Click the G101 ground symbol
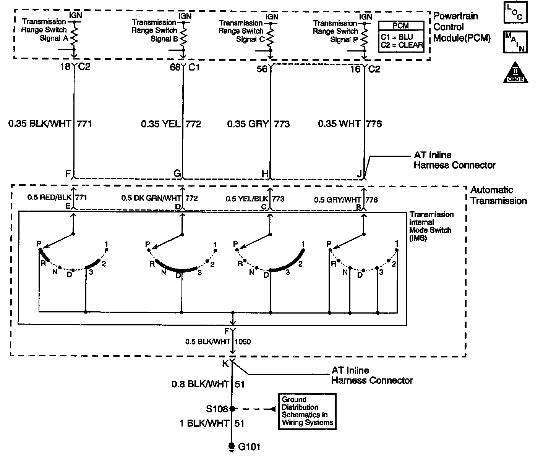tap(231, 446)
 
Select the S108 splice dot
tap(232, 409)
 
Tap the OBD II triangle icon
tap(515, 72)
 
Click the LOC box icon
tap(515, 13)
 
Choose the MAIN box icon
tap(515, 42)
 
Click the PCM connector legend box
tap(401, 36)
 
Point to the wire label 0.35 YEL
tap(160, 124)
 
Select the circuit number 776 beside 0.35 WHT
tap(374, 124)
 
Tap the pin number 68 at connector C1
tap(175, 68)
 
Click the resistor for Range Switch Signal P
tap(365, 37)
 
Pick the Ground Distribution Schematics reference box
tap(307, 411)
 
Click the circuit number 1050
tap(243, 341)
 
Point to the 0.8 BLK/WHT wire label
tap(200, 384)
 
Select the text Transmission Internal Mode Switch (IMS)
tap(431, 226)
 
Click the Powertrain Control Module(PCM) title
tap(462, 27)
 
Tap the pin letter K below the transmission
tap(225, 364)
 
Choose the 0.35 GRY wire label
tap(248, 124)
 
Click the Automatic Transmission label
tap(498, 195)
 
